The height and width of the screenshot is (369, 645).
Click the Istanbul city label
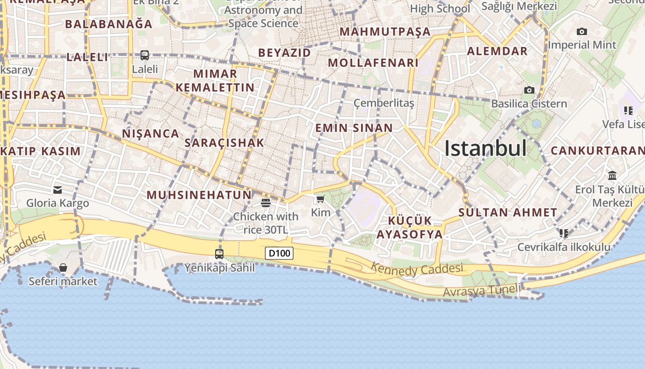(485, 149)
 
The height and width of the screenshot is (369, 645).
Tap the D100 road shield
(280, 253)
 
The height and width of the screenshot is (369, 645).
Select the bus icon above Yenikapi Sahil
(219, 254)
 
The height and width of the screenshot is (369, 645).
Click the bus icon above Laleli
(145, 55)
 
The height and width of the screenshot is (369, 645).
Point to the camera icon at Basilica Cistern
(529, 90)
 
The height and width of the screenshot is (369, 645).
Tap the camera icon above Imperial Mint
(582, 31)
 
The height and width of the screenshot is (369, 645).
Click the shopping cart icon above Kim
(320, 199)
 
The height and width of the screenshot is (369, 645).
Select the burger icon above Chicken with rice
(265, 202)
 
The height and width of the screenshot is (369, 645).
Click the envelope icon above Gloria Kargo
(58, 189)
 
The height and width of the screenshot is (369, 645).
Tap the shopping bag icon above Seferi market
(63, 268)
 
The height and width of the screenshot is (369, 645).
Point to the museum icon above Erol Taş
(612, 175)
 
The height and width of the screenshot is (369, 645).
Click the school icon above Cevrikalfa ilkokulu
(564, 233)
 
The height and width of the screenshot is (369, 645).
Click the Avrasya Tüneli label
(481, 291)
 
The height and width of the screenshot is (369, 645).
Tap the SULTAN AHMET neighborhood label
(508, 213)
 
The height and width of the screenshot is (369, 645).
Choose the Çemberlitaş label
(384, 103)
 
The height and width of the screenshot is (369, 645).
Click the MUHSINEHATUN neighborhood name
(199, 195)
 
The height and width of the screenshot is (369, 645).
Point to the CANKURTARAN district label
(598, 151)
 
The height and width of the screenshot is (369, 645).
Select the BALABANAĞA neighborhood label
(109, 24)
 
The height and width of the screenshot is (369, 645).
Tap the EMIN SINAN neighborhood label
(354, 128)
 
